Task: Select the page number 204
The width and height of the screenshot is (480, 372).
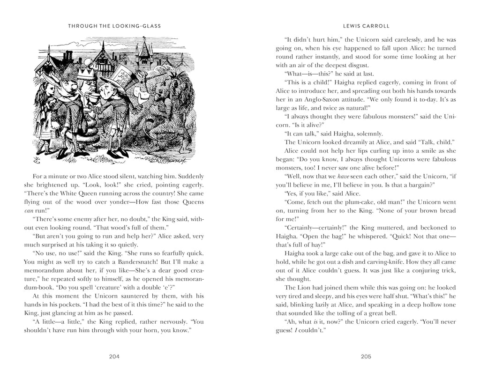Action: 114,356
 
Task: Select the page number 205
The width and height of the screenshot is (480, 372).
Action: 366,356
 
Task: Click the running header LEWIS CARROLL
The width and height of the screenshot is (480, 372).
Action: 366,26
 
